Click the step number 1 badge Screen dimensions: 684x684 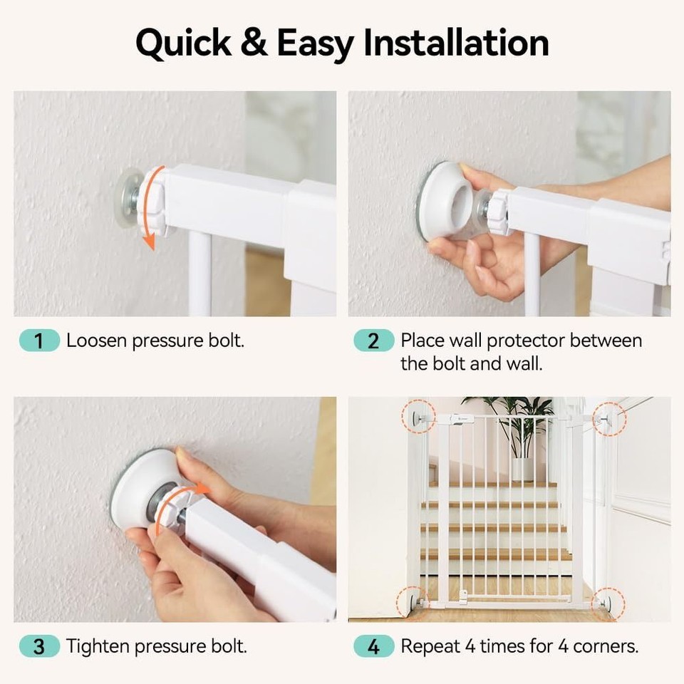[38, 341]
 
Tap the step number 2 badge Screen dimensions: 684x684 [373, 341]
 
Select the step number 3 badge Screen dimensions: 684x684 [38, 647]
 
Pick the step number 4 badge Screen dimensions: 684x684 [373, 647]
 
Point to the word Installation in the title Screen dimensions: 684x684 [457, 43]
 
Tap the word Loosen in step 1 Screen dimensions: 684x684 [95, 341]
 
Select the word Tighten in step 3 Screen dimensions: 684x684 [98, 647]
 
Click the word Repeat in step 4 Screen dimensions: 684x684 [430, 647]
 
